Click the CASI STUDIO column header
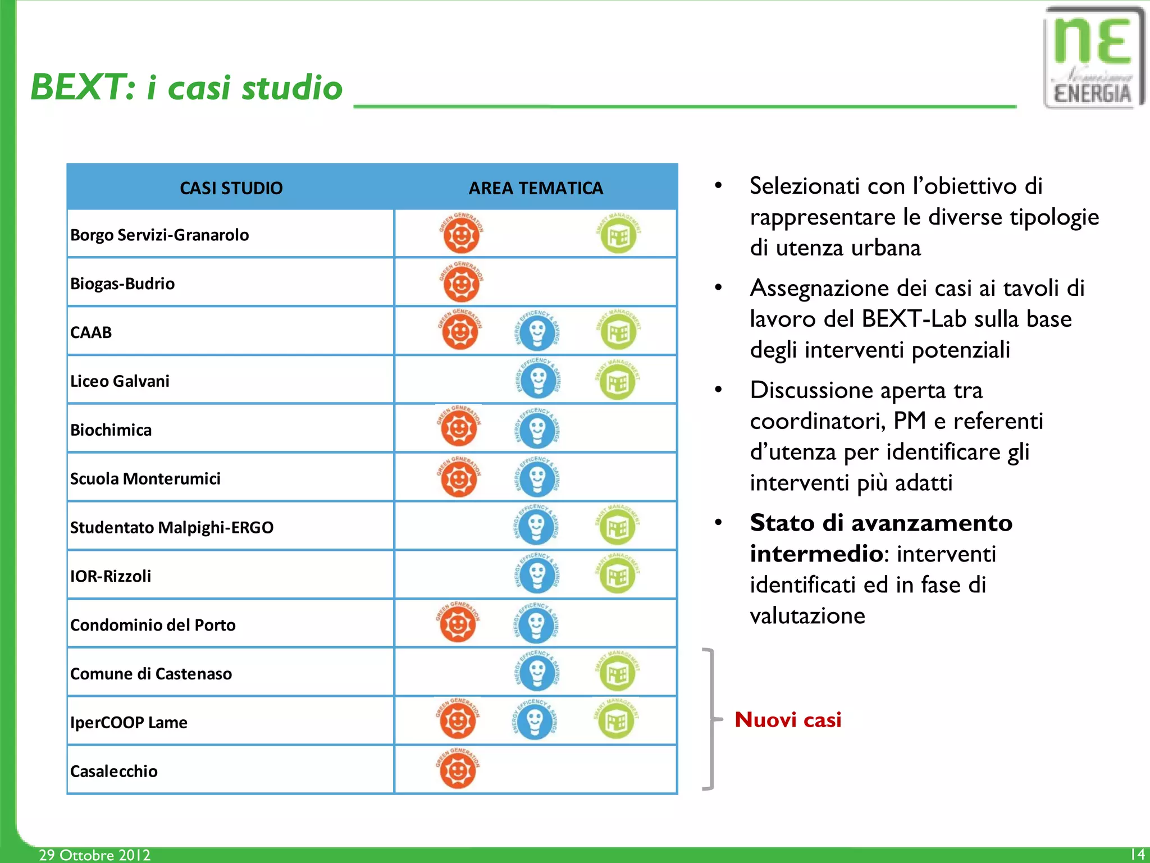click(231, 188)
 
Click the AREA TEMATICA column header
click(536, 188)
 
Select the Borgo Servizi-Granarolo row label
click(159, 235)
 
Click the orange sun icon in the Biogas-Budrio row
click(461, 283)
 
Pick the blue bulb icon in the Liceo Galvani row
click(537, 380)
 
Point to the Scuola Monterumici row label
click(145, 478)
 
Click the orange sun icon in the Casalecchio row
click(458, 770)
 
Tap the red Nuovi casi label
click(788, 720)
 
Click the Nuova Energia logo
click(1092, 58)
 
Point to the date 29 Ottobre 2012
click(94, 855)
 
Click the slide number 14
click(1137, 854)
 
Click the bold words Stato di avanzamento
click(880, 523)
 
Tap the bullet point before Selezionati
click(718, 186)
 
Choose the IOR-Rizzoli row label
click(111, 576)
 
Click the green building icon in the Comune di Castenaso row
click(617, 672)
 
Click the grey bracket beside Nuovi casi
click(711, 719)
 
